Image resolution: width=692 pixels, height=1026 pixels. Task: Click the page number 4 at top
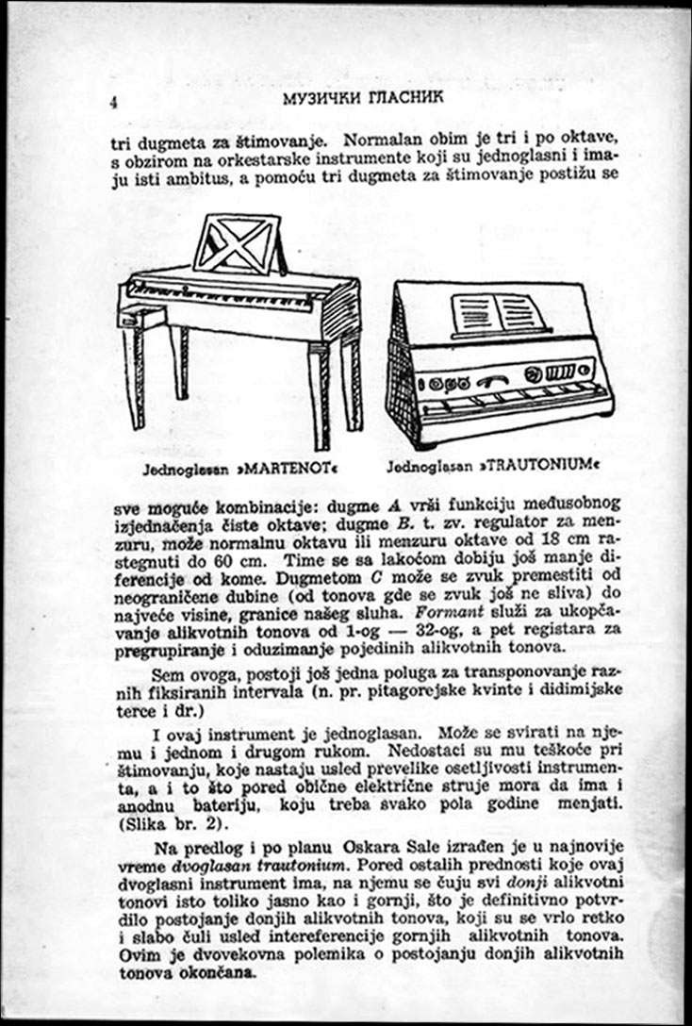coord(114,104)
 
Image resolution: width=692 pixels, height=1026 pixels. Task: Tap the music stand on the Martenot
coord(238,244)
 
